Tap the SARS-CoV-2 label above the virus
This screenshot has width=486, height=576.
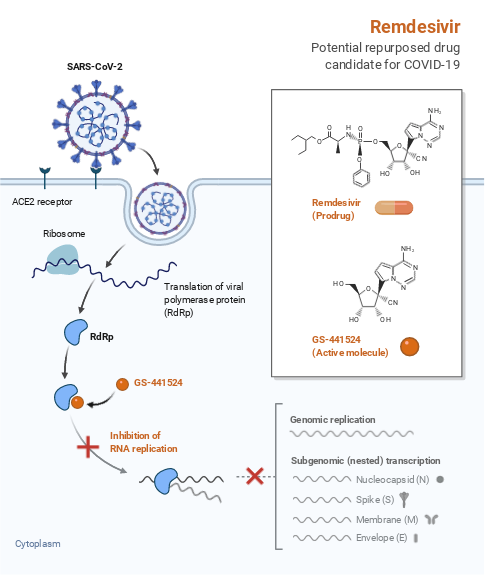coord(95,68)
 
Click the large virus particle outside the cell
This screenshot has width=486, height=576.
coord(95,128)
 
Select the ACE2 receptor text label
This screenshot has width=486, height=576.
coord(42,202)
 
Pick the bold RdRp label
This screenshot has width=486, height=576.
coord(102,337)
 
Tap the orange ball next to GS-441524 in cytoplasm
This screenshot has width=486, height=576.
coord(122,383)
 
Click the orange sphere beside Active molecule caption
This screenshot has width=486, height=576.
coord(409,346)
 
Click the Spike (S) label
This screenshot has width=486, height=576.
coord(377,500)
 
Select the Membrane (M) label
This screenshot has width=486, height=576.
coord(385,520)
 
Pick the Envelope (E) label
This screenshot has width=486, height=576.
coord(381,539)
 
